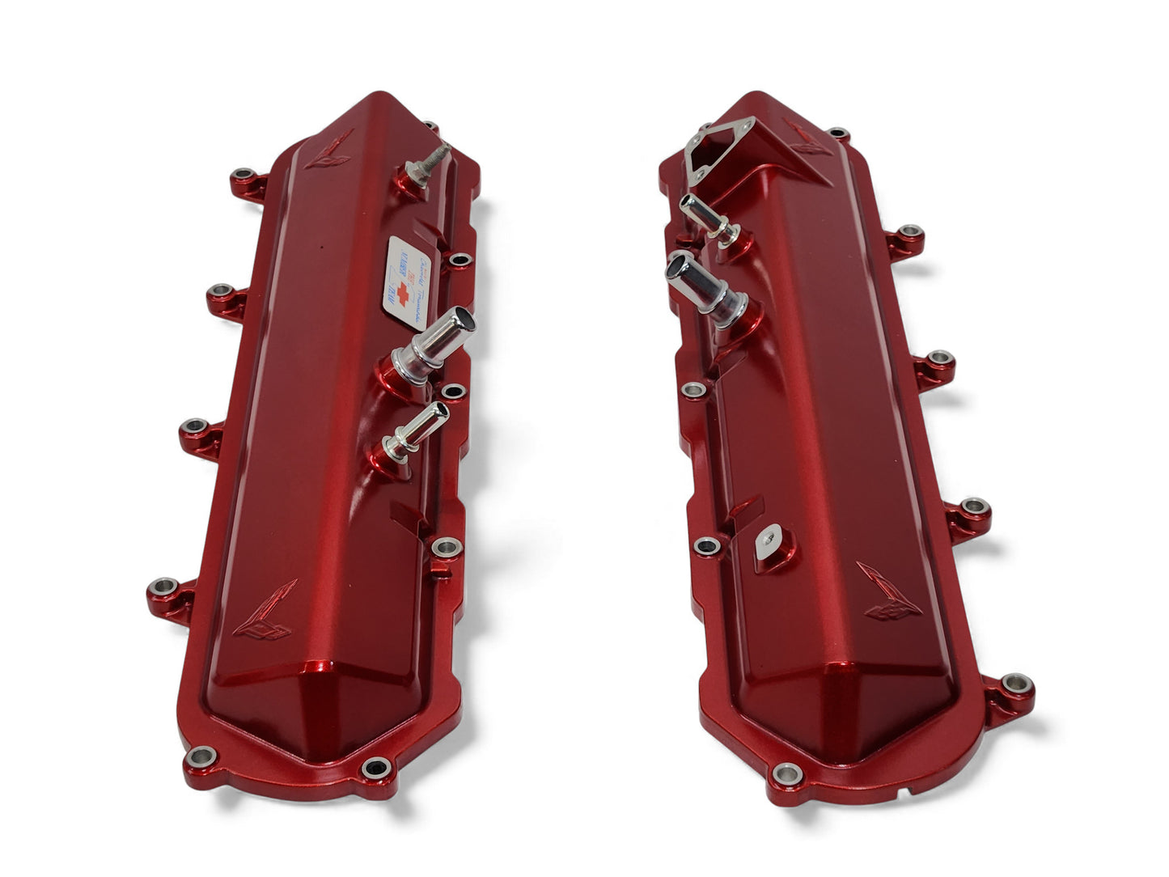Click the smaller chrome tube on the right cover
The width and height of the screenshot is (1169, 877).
pyautogui.click(x=708, y=216)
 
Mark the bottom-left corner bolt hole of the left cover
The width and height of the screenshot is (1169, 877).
pyautogui.click(x=200, y=757)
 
